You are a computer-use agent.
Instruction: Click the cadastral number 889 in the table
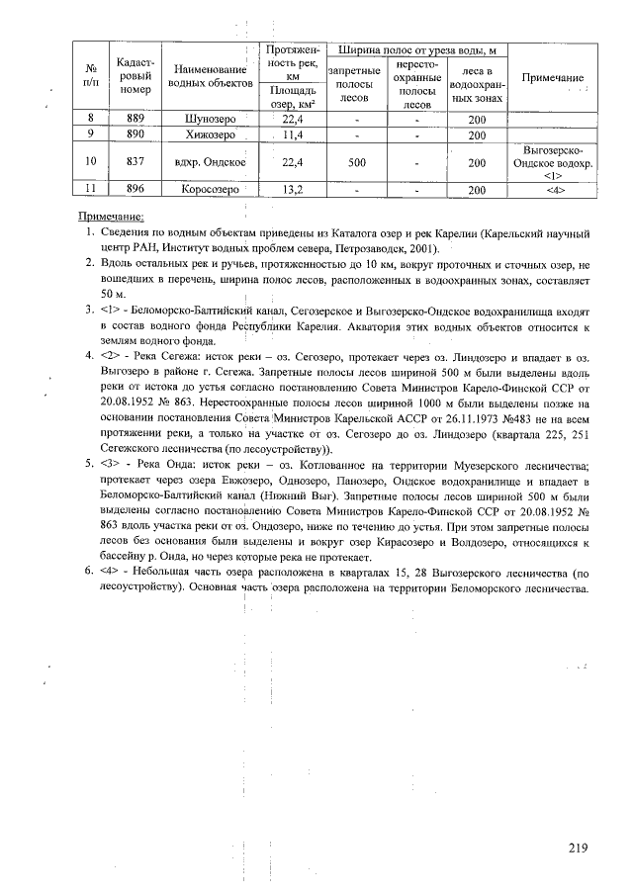click(135, 119)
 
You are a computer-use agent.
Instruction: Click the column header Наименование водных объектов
click(209, 77)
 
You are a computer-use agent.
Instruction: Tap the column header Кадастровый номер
click(135, 75)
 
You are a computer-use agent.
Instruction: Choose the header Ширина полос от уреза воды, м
click(416, 49)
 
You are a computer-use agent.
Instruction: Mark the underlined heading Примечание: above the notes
click(111, 216)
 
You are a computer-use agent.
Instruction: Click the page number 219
click(579, 847)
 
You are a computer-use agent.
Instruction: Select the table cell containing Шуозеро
click(209, 119)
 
